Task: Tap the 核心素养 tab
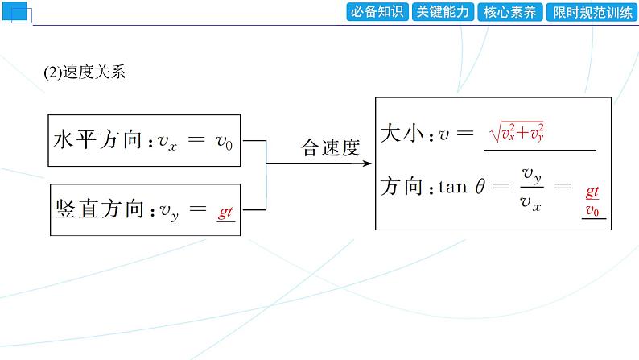(x=509, y=12)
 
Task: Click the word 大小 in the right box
(x=401, y=134)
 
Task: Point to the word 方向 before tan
(x=401, y=187)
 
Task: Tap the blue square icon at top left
(x=16, y=12)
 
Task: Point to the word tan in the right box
(x=452, y=188)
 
